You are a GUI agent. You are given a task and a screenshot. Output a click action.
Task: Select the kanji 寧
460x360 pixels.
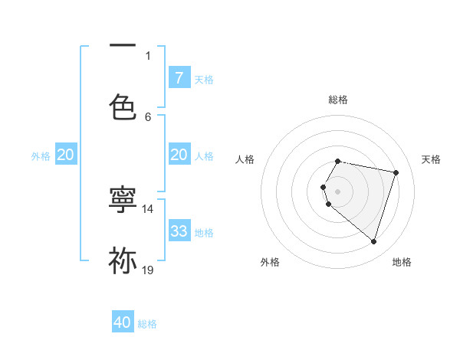click(x=123, y=199)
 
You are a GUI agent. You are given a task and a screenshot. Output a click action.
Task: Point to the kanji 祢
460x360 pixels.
click(x=123, y=260)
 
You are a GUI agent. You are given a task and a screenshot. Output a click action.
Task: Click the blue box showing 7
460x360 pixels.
click(x=179, y=78)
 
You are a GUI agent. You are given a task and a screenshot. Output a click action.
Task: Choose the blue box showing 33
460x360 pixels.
click(x=179, y=231)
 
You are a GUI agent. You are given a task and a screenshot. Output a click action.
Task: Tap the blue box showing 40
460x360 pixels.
click(x=123, y=322)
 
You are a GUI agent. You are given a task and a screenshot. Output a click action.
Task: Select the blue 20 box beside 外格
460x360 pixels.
click(x=65, y=155)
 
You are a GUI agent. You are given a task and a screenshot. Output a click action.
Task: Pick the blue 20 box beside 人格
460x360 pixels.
click(x=179, y=155)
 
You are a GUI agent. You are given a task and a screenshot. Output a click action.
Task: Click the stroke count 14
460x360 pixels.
click(x=148, y=208)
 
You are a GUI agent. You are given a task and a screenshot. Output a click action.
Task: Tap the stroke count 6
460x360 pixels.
click(x=148, y=116)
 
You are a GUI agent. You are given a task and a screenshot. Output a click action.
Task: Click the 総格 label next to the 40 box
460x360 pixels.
click(x=147, y=324)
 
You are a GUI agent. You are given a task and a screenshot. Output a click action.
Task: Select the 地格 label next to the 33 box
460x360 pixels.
click(x=204, y=232)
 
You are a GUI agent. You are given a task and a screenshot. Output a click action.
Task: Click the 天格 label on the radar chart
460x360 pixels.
click(x=431, y=159)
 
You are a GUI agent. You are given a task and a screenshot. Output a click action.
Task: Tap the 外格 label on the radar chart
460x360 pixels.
click(x=270, y=262)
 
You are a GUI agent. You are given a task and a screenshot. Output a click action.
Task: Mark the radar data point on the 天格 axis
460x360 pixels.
click(x=396, y=172)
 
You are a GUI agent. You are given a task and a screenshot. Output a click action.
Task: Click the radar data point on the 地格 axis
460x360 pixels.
click(x=373, y=241)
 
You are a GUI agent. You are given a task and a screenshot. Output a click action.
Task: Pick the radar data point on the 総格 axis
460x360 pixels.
click(x=338, y=162)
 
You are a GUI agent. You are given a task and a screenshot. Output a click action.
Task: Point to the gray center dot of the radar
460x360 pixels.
click(x=338, y=191)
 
